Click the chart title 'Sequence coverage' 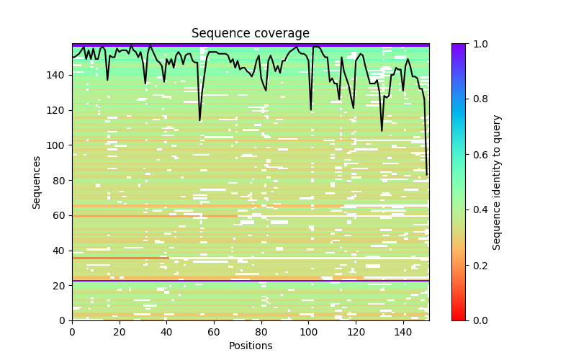(x=250, y=33)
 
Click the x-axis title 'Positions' (x=250, y=346)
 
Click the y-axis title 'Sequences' (x=37, y=182)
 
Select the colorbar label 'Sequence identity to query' (x=497, y=182)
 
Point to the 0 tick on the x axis (x=72, y=332)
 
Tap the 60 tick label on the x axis (x=214, y=332)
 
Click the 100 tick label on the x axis (x=308, y=332)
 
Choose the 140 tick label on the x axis (x=402, y=332)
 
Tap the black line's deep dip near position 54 (x=199, y=120)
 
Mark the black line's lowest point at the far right (x=426, y=174)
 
